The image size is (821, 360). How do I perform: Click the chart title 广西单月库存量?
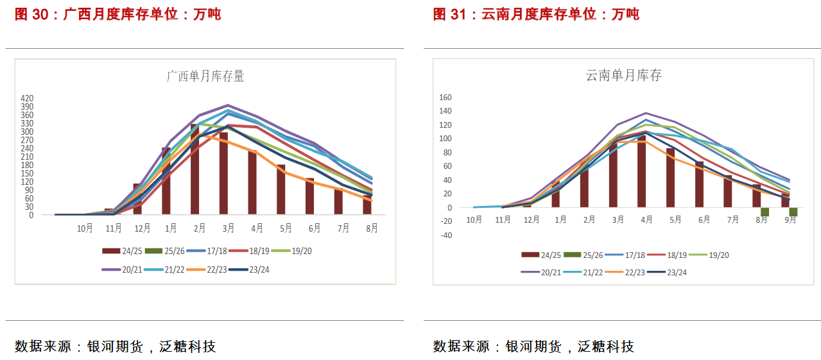tap(205, 76)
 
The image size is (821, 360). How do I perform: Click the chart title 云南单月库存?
tap(623, 76)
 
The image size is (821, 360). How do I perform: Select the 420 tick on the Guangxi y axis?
tap(27, 98)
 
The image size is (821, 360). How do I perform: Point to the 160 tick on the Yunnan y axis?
tap(445, 98)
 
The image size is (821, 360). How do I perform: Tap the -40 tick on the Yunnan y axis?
tap(445, 236)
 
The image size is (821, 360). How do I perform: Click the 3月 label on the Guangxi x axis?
tap(228, 228)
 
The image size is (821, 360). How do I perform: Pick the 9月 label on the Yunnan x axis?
tap(790, 219)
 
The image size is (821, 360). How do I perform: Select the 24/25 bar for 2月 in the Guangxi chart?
tap(195, 169)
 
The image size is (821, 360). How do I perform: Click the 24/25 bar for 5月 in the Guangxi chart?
tap(281, 189)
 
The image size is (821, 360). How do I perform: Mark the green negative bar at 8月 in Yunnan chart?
tap(765, 212)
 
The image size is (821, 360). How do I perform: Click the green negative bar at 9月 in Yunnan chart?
tap(793, 212)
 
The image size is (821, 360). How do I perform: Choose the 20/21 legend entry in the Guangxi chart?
tap(121, 270)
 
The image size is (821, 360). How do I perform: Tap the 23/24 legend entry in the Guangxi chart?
tap(250, 270)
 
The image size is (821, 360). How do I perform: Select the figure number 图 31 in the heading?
tap(449, 14)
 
